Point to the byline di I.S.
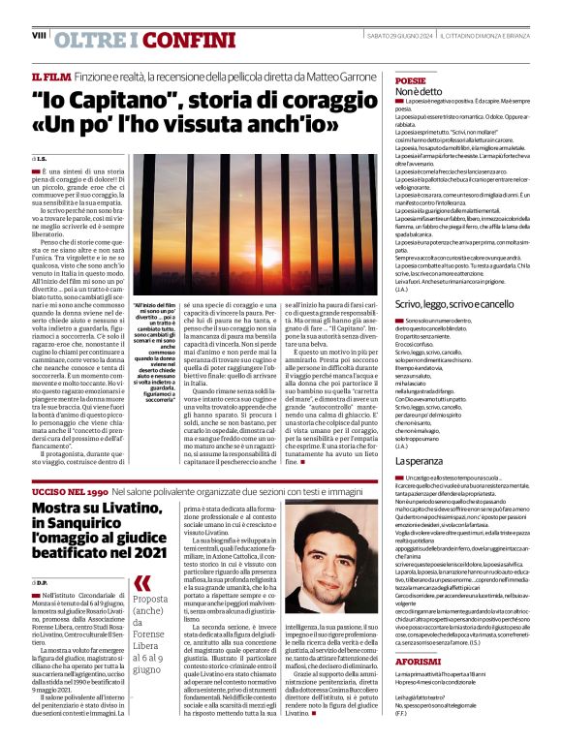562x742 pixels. coord(40,158)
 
